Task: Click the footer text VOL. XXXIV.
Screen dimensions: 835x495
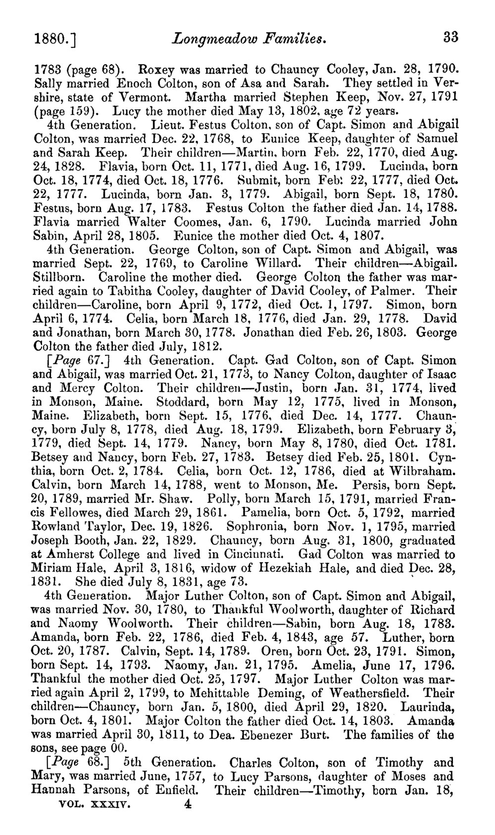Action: click(94, 805)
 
